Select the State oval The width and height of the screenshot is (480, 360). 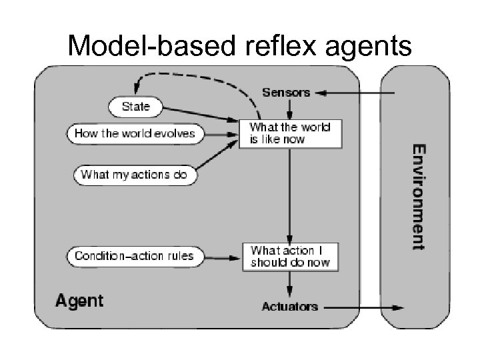click(135, 106)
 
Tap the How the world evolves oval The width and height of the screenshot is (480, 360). click(135, 133)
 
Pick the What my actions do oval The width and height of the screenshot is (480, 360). click(135, 175)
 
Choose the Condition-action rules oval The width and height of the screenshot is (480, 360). click(134, 255)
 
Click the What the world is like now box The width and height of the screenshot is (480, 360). click(290, 133)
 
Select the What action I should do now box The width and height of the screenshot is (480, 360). click(290, 257)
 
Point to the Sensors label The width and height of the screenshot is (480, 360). click(286, 93)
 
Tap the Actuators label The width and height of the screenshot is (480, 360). click(290, 307)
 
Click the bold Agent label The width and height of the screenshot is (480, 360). click(79, 301)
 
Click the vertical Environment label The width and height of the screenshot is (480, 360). click(417, 196)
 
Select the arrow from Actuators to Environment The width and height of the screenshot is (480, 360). click(363, 307)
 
